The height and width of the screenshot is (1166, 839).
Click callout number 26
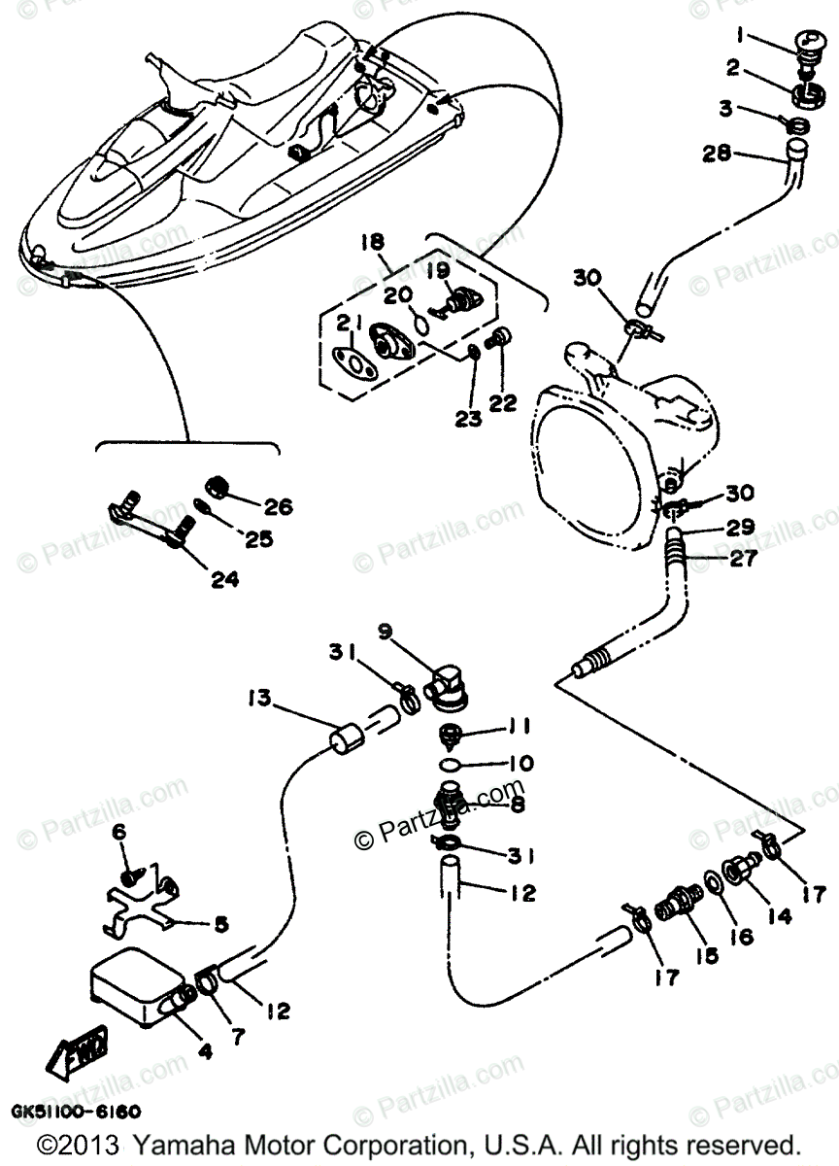278,506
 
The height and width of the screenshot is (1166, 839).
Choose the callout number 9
385,632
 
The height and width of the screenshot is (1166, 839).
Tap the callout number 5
220,924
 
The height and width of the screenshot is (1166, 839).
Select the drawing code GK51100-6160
75,1110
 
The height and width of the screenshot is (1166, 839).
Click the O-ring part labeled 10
450,765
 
